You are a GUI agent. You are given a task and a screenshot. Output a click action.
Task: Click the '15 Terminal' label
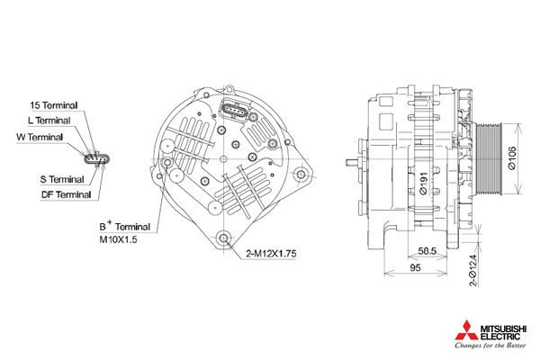pos(54,105)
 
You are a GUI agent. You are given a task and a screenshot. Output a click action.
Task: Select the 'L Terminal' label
pos(49,121)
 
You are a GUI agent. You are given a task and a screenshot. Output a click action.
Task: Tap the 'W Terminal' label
pos(40,137)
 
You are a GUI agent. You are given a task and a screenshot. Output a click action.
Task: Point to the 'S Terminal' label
pos(62,179)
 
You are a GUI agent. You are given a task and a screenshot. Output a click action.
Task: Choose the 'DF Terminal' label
pos(66,195)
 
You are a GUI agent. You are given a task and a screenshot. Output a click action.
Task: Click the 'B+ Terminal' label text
pos(125,226)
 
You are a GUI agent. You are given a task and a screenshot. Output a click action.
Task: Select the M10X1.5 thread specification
pos(118,239)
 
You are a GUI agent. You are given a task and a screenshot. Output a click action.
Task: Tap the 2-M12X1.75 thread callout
pos(271,254)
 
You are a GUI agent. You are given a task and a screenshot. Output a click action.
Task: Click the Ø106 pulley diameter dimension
pos(512,158)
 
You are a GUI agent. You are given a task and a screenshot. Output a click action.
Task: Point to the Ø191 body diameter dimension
pos(423,184)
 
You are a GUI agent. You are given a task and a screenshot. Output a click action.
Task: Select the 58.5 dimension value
pos(427,251)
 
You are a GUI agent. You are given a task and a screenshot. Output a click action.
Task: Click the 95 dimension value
pos(415,267)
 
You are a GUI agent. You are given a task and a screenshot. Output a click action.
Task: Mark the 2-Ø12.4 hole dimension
pos(474,271)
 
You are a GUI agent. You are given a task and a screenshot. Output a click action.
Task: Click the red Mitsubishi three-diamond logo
pos(466,330)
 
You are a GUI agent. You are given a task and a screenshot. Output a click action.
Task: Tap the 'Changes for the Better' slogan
pos(490,346)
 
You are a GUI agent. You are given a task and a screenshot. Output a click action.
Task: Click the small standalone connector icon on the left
pos(97,159)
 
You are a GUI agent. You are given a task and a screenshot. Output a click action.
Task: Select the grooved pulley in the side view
pos(489,158)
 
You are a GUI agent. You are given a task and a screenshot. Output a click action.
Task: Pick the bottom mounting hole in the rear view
pos(224,238)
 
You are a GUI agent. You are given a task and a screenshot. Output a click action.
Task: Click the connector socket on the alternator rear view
pos(233,110)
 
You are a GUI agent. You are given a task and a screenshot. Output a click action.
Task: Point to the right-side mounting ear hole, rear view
pos(301,174)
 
